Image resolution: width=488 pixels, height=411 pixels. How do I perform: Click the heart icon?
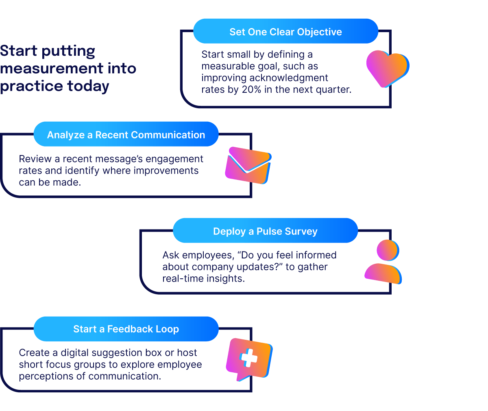click(387, 68)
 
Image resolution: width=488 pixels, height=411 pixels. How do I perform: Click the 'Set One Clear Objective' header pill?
click(285, 32)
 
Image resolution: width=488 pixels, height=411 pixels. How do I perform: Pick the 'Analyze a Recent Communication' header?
click(126, 135)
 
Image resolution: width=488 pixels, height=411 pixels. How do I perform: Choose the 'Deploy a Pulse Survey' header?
click(265, 231)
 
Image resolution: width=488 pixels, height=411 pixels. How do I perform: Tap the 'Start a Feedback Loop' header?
click(126, 329)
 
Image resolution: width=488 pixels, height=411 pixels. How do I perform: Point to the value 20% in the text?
click(252, 90)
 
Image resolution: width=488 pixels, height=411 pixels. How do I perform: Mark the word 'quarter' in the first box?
click(332, 90)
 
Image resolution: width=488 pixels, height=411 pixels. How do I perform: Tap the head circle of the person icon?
click(387, 250)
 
